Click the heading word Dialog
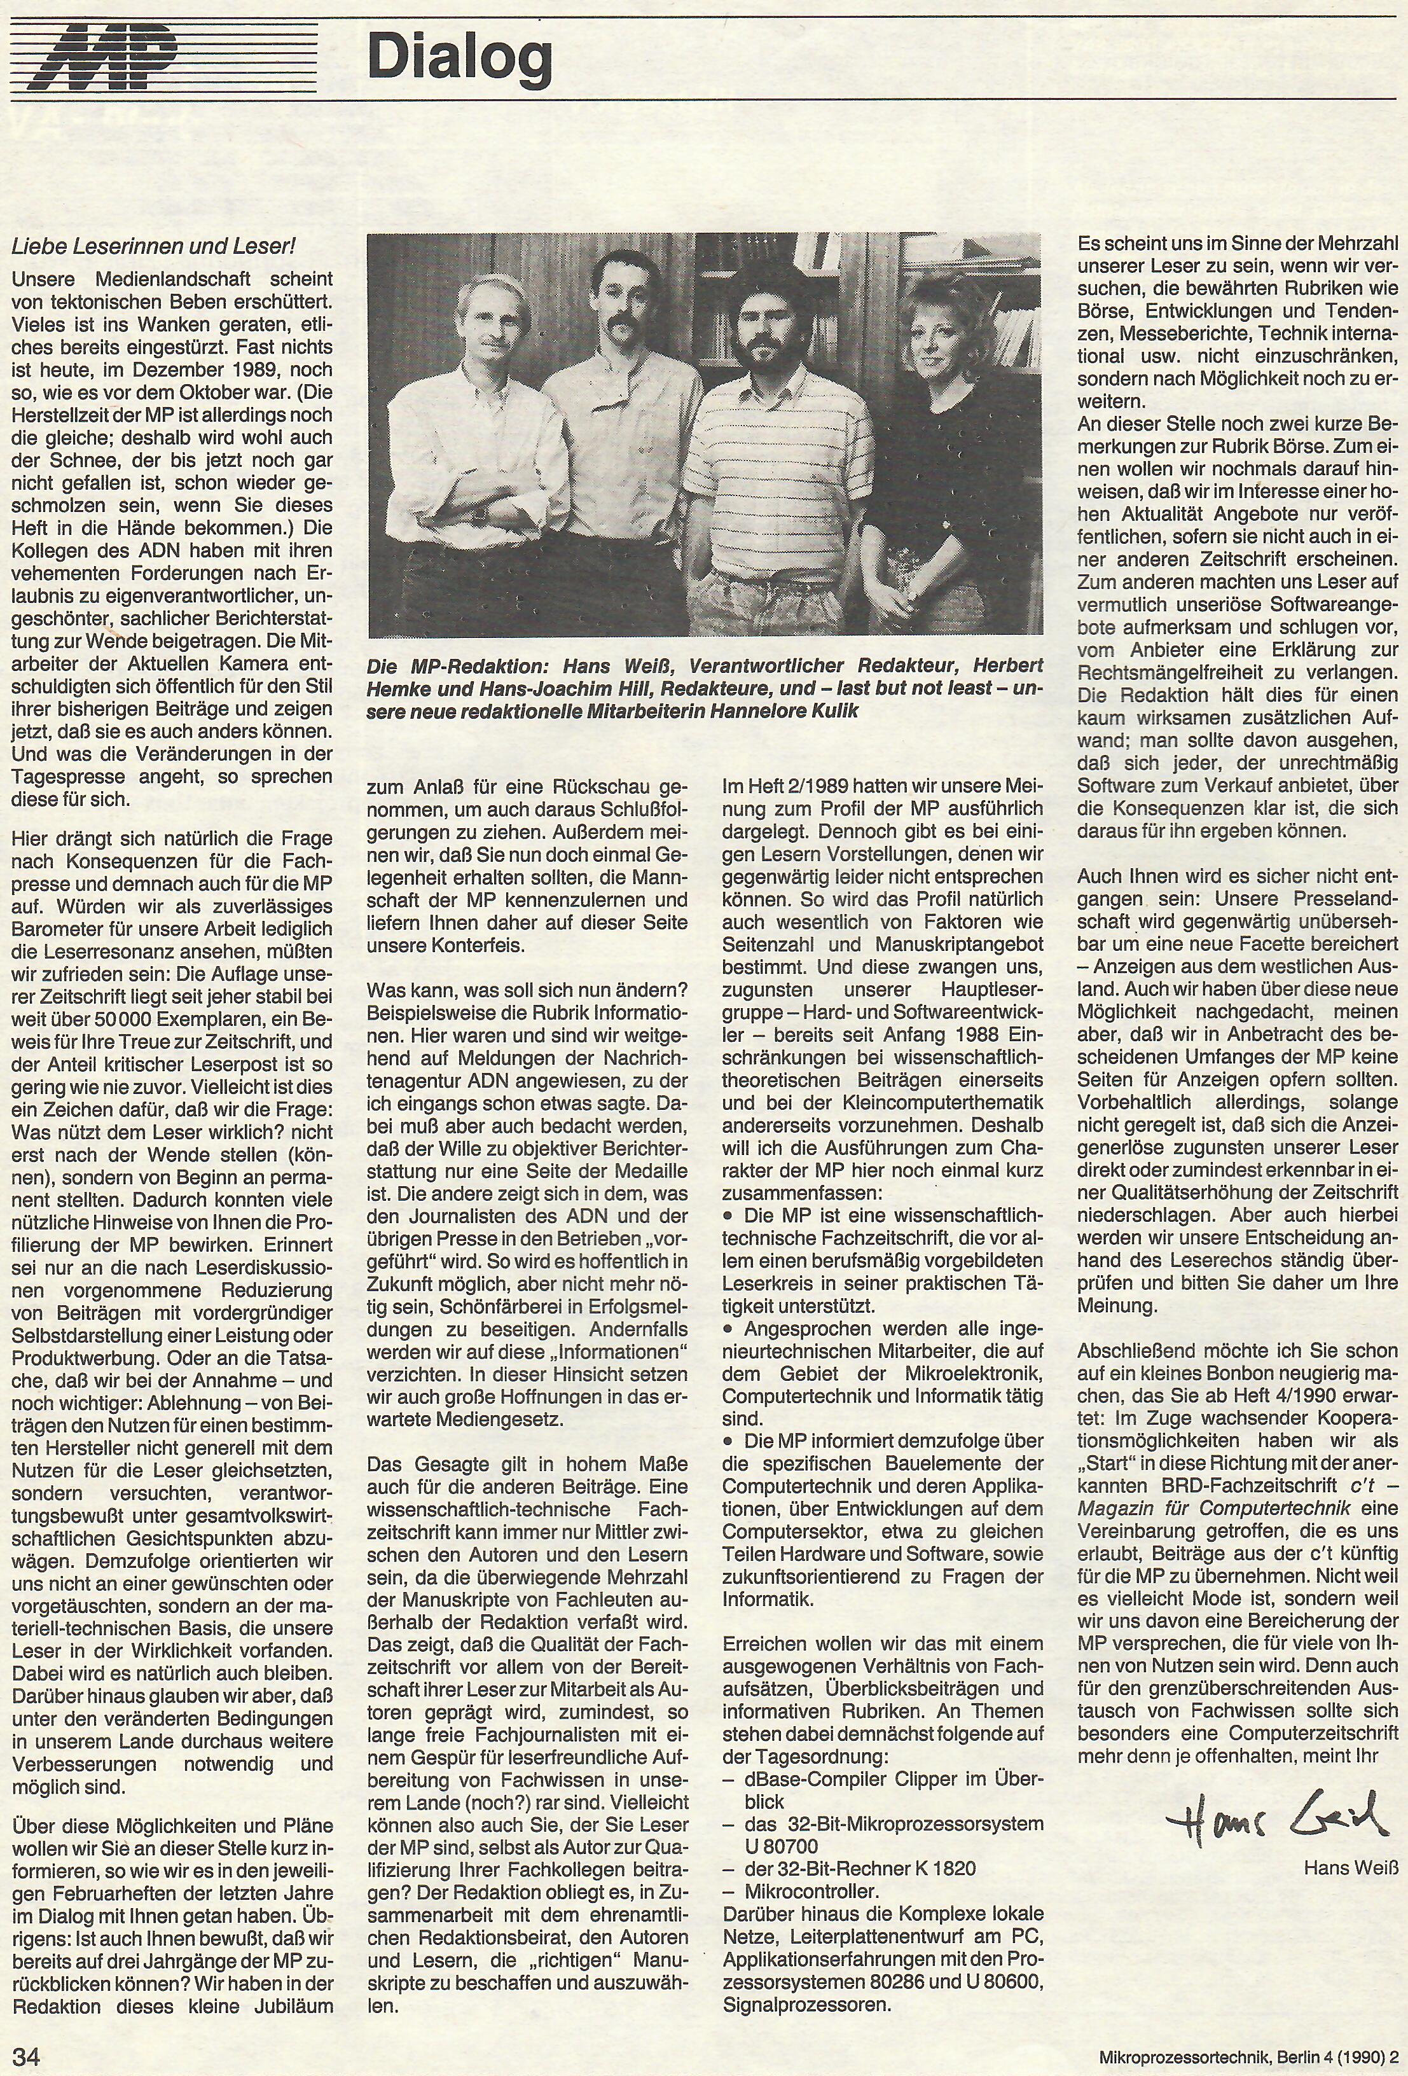click(x=459, y=58)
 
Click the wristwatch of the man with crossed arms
click(x=478, y=515)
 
